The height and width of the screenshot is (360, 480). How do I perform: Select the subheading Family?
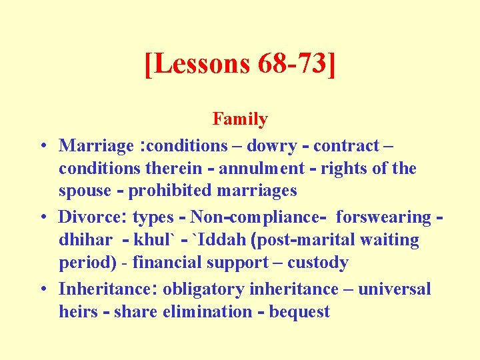[240, 119]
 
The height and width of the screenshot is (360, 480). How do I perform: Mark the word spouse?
[85, 191]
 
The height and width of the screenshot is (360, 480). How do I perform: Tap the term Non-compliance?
[259, 217]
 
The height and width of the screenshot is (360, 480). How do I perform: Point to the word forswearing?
[383, 217]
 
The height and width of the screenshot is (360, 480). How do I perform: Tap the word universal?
[393, 289]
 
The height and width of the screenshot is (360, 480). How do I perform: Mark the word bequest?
[299, 311]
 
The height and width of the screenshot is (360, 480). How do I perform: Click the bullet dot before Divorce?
[43, 217]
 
